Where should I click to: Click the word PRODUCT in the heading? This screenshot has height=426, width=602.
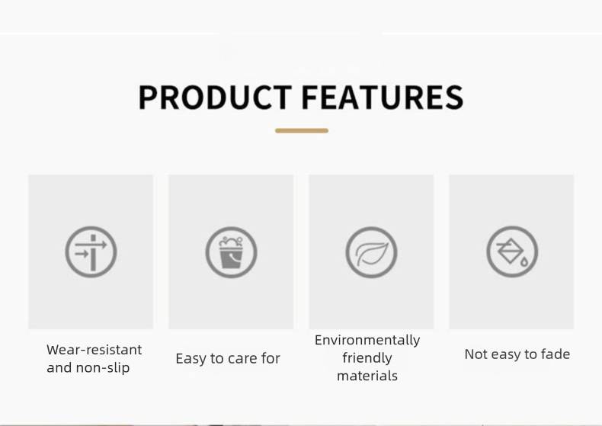coord(215,98)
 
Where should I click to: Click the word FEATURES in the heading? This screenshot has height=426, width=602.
coord(383,98)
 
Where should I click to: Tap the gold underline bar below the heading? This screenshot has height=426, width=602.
coord(302,131)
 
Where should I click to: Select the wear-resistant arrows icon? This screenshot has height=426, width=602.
coord(91,252)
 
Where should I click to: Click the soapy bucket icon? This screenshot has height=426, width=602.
coord(231,252)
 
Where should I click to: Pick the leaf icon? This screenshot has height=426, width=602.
coord(371,252)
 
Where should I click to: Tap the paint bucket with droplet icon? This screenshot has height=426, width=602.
coord(512,252)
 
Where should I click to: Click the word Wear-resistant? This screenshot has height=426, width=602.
coord(94,350)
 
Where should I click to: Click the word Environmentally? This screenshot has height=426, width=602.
coord(367,341)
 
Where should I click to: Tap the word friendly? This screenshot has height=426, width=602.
coord(367,358)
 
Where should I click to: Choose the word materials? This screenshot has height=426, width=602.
coord(367,376)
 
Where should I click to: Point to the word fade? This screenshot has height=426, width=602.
coord(556,354)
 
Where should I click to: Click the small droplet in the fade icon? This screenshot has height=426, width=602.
coord(524,261)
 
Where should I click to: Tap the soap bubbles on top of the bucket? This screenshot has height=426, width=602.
coord(231,242)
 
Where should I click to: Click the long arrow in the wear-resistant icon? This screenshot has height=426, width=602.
coord(91,245)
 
